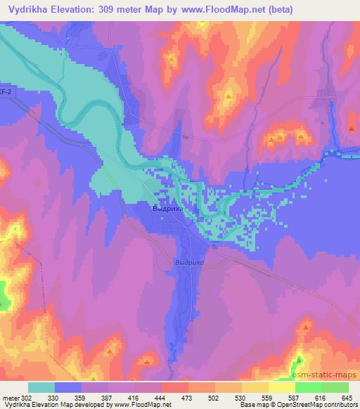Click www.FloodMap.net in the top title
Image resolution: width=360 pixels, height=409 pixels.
click(x=220, y=9)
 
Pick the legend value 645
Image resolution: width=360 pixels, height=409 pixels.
click(x=347, y=397)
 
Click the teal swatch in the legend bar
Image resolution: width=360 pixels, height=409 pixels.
click(x=41, y=387)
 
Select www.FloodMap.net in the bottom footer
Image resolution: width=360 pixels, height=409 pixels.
click(x=140, y=405)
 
